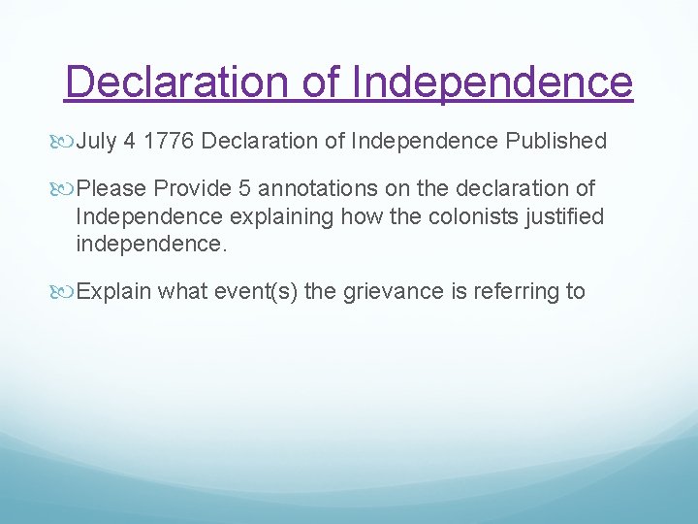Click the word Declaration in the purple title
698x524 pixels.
[180, 82]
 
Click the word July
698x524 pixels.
[95, 142]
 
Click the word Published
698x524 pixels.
[556, 142]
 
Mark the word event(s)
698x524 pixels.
[253, 291]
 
